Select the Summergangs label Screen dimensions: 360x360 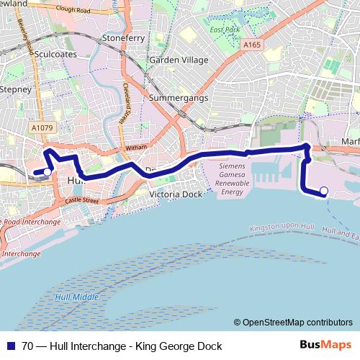(x=177, y=97)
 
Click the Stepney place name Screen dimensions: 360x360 (x=16, y=89)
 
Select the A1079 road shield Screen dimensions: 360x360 (x=42, y=127)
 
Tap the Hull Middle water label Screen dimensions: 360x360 (x=74, y=297)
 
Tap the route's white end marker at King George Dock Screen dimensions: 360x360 (x=324, y=191)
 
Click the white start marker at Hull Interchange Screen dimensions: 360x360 (x=47, y=172)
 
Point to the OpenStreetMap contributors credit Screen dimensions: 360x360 (x=297, y=323)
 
